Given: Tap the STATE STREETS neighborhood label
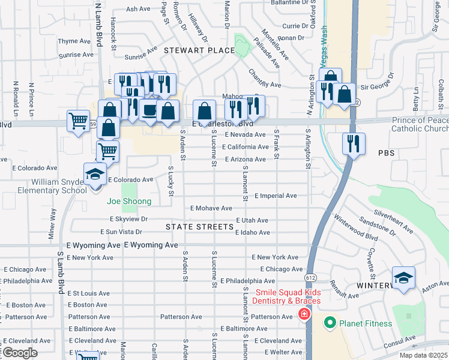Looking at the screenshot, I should pyautogui.click(x=199, y=227).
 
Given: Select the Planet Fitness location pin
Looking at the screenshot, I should pyautogui.click(x=329, y=323).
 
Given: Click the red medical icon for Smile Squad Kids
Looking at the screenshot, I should pyautogui.click(x=304, y=314).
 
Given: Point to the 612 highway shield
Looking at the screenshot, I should pyautogui.click(x=310, y=278).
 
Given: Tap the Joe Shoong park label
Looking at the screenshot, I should pyautogui.click(x=129, y=202).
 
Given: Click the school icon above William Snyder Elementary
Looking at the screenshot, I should pyautogui.click(x=95, y=175).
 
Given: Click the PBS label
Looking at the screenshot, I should pyautogui.click(x=387, y=154).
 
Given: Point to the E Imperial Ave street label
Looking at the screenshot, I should pyautogui.click(x=276, y=196).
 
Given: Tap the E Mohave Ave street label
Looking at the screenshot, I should pyautogui.click(x=211, y=208).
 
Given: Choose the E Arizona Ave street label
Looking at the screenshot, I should pyautogui.click(x=245, y=159).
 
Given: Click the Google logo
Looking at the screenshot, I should pyautogui.click(x=20, y=353).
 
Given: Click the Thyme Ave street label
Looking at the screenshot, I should pyautogui.click(x=74, y=41).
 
